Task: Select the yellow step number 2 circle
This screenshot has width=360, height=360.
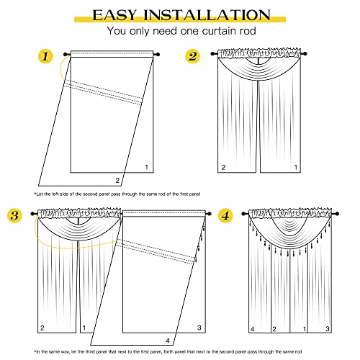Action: point(192,56)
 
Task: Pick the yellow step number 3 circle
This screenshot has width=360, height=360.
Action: point(14,215)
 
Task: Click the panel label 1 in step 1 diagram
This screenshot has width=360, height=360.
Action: point(146,167)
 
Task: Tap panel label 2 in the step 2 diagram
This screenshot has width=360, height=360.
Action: point(223,167)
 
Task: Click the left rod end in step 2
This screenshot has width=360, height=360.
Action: point(211,54)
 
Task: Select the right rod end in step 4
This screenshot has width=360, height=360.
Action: point(347,214)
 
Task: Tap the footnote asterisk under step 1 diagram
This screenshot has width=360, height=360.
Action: point(35,194)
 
